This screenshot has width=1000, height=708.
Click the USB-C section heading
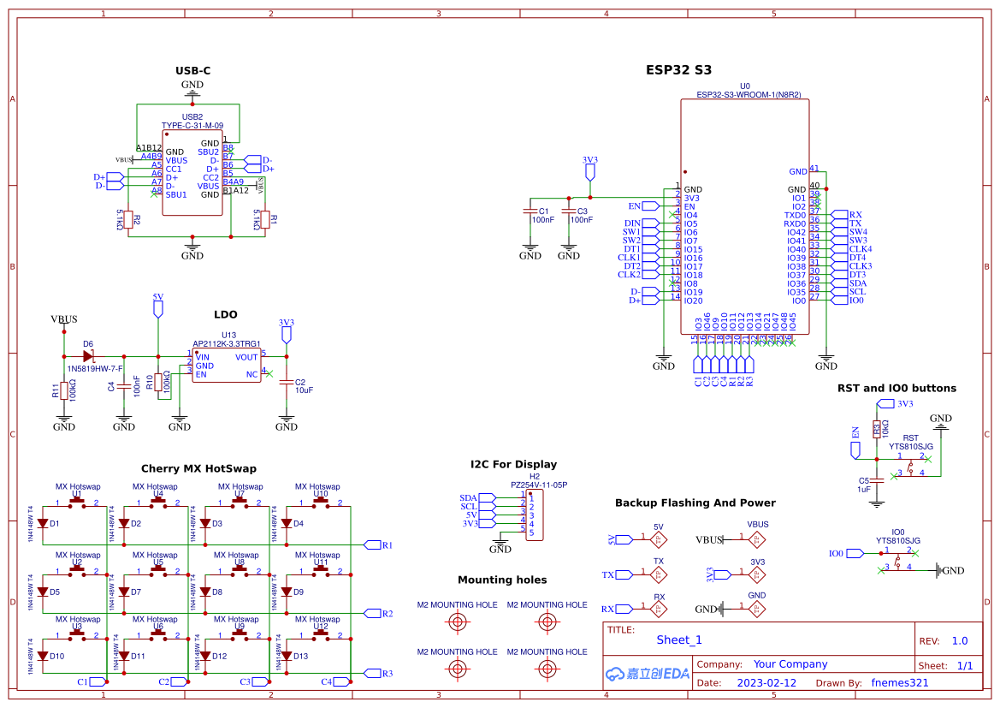point(192,70)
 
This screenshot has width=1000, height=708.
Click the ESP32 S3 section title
point(678,70)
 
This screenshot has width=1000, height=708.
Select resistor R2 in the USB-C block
point(128,220)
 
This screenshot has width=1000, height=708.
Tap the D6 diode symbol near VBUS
point(88,355)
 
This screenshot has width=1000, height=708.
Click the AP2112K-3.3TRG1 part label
point(227,343)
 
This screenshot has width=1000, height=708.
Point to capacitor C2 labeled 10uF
point(286,384)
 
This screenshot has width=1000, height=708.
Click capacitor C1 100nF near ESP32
point(530,214)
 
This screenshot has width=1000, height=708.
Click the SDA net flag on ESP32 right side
point(839,283)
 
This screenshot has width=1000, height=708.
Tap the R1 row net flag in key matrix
point(373,544)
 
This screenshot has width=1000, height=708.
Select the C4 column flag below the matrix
point(340,681)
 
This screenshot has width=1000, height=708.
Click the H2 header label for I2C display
point(535,476)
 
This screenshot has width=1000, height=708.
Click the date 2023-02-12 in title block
point(766,683)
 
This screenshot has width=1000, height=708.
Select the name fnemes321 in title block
point(900,683)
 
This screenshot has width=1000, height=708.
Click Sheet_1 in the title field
point(679,640)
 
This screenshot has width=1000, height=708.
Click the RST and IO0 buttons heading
point(896,388)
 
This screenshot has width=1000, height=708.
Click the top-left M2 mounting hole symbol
point(458,622)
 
